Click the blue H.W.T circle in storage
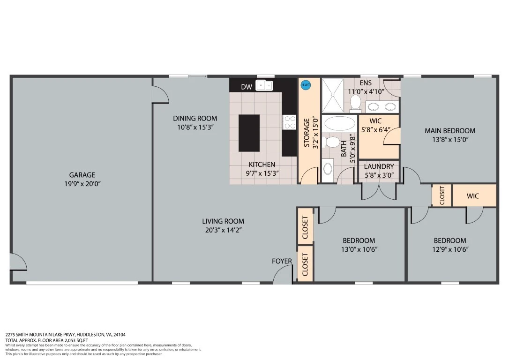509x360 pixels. tap(306, 85)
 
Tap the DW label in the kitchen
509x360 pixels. tap(247, 87)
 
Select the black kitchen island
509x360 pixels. tap(249, 133)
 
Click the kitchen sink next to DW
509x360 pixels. tap(264, 85)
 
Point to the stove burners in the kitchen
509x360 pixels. tap(289, 122)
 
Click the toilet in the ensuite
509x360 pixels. tap(355, 102)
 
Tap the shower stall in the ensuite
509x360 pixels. tap(332, 95)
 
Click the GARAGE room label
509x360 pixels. tap(82, 175)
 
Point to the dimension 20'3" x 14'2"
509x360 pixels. tap(223, 230)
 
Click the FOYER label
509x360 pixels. tap(282, 261)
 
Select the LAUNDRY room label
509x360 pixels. tap(379, 166)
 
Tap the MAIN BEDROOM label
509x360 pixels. tap(450, 130)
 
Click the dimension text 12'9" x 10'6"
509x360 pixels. tap(450, 249)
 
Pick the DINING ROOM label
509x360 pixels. tap(195, 119)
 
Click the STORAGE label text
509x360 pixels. tap(307, 133)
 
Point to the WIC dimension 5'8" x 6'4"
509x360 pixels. tap(376, 130)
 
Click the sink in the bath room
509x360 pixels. tap(328, 169)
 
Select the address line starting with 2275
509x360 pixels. tap(65, 335)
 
